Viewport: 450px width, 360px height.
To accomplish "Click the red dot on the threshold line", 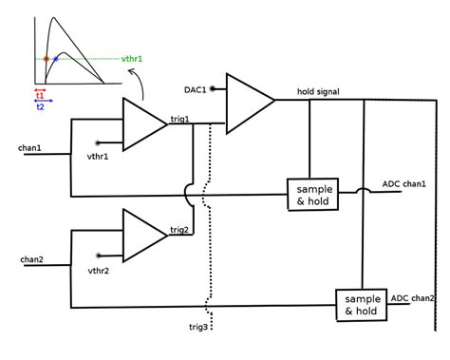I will [x=46, y=59].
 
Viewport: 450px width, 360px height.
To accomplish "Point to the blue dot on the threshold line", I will [x=56, y=59].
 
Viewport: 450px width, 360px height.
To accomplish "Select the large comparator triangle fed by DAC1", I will [x=246, y=102].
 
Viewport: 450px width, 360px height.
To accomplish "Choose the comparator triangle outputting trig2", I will [x=142, y=236].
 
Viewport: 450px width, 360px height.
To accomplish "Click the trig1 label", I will [x=179, y=118].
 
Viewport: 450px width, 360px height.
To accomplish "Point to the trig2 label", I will [x=179, y=229].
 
